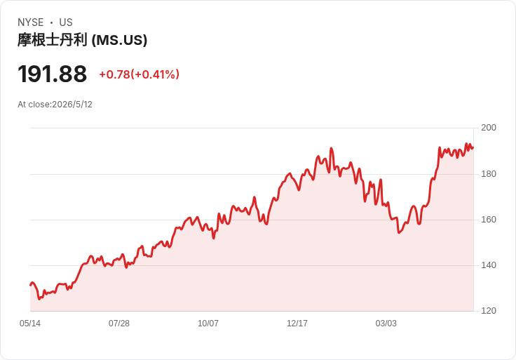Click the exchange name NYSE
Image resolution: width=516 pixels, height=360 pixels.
(31, 22)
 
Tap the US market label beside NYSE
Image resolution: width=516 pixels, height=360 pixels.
(66, 22)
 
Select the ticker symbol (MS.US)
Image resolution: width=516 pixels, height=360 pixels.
(119, 40)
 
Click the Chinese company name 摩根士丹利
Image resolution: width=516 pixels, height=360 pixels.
(53, 40)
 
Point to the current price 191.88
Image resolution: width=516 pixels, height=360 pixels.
(53, 74)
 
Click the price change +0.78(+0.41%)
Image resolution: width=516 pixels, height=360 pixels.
(140, 74)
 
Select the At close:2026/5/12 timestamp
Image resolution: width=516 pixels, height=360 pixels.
(55, 105)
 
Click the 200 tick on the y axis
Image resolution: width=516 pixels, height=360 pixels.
(489, 128)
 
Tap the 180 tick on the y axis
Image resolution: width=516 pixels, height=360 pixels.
(489, 174)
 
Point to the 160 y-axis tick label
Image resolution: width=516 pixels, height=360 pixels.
(489, 220)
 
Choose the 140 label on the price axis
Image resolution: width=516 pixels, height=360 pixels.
(489, 265)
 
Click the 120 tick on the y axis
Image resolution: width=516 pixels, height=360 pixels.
(489, 311)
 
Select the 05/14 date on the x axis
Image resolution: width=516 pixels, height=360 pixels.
(30, 324)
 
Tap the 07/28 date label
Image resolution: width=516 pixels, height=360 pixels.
(119, 324)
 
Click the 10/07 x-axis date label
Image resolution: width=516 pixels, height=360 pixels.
(208, 324)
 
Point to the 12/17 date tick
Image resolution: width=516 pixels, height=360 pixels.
(297, 324)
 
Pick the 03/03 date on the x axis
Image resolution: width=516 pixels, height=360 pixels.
(386, 324)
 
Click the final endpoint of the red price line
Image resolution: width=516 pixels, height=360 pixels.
(473, 148)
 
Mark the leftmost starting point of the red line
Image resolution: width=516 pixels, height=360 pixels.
(30, 285)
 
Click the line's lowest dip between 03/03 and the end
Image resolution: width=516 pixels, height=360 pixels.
(399, 232)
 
